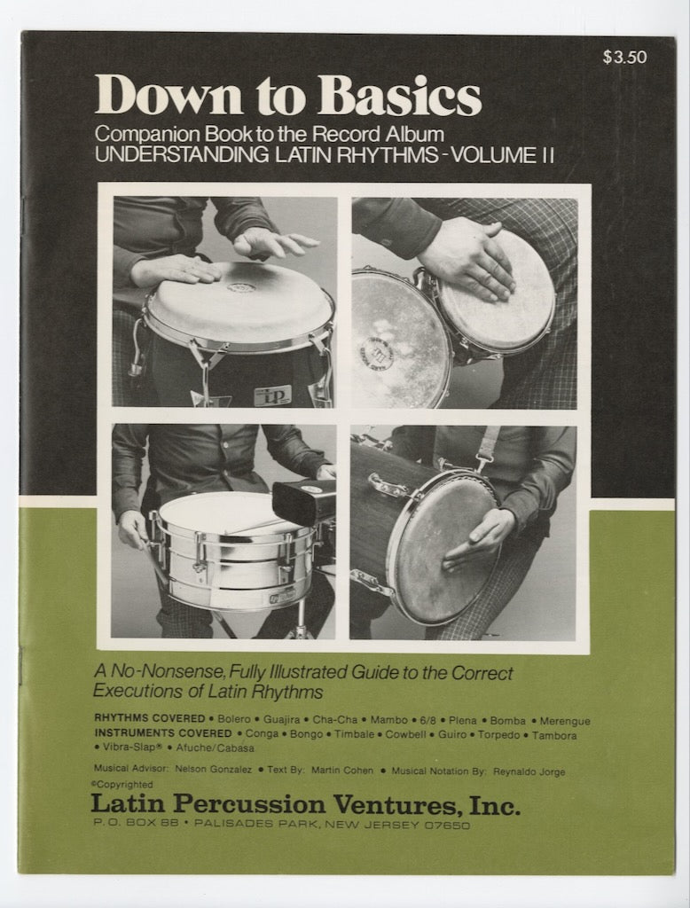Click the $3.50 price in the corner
click(x=624, y=58)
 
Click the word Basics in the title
click(x=413, y=96)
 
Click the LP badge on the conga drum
click(x=272, y=395)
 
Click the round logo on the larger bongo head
click(x=376, y=353)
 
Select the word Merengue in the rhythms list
click(x=561, y=721)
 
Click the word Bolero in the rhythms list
click(x=233, y=721)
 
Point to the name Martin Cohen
click(x=342, y=771)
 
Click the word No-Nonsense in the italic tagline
click(x=154, y=673)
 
